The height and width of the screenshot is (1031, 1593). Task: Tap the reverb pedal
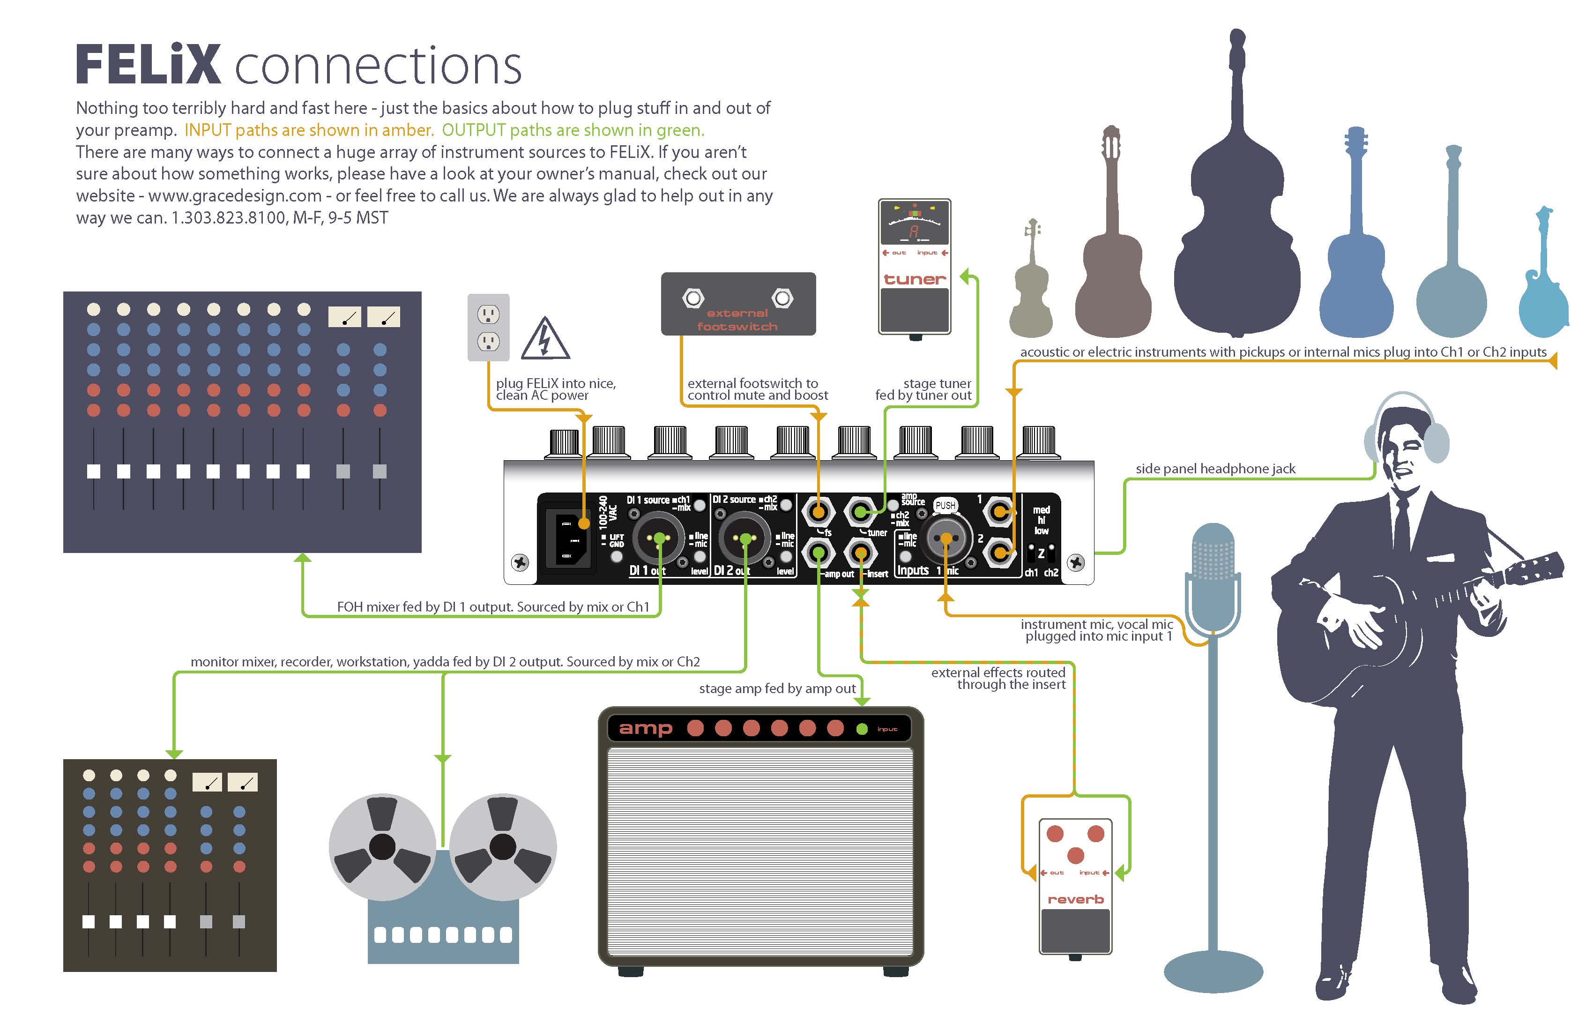(1075, 885)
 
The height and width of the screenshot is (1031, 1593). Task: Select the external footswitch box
(737, 303)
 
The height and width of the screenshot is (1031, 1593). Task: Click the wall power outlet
(488, 328)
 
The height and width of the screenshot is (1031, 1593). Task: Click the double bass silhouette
(1237, 254)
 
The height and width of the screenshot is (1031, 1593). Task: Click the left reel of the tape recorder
(382, 847)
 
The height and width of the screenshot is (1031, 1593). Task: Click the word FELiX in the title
(148, 65)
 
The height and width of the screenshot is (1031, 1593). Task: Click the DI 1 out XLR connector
(659, 538)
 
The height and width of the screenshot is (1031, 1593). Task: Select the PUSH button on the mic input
(945, 506)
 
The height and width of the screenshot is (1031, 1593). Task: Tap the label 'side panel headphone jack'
(1215, 469)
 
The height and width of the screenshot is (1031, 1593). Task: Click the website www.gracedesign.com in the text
(234, 196)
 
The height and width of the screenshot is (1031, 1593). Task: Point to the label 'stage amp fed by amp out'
(777, 688)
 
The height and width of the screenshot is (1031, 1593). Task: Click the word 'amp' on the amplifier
(645, 728)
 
